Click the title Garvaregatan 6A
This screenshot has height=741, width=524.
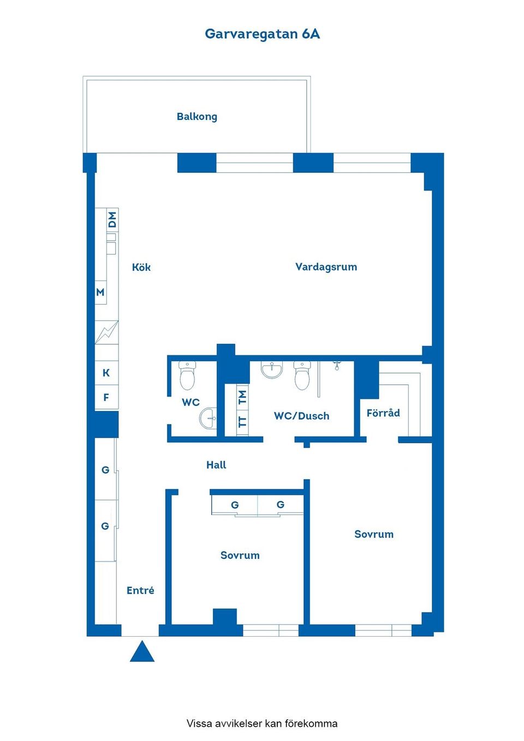(262, 34)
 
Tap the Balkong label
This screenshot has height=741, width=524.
(196, 116)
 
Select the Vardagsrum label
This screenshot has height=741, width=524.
(326, 267)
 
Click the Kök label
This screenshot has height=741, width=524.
(141, 267)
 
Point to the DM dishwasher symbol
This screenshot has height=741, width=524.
(112, 220)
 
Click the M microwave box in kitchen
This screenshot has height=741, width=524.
(100, 292)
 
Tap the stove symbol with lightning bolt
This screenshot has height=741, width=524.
(106, 332)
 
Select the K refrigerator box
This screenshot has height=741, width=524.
(106, 373)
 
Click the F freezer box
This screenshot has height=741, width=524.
(106, 397)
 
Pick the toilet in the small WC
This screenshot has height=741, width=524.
(187, 375)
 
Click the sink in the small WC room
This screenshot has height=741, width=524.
(208, 419)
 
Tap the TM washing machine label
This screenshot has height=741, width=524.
(243, 397)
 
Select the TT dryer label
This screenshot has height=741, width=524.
(243, 422)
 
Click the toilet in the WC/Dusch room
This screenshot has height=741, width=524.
(302, 375)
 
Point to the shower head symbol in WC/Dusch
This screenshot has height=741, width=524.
(337, 364)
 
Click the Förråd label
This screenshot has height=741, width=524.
(383, 413)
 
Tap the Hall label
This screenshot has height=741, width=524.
(216, 465)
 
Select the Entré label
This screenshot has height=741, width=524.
(140, 590)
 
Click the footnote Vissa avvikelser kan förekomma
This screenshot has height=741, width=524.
(262, 724)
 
